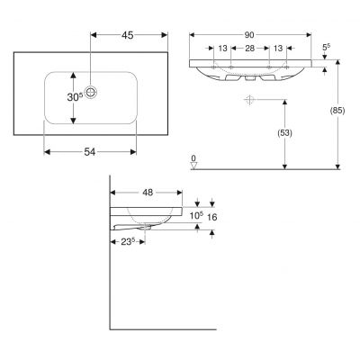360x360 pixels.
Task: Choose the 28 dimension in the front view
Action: point(252,49)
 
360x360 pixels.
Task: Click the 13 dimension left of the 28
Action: point(221,49)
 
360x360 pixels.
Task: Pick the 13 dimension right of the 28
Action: point(278,49)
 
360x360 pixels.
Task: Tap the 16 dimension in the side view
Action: point(212,217)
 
